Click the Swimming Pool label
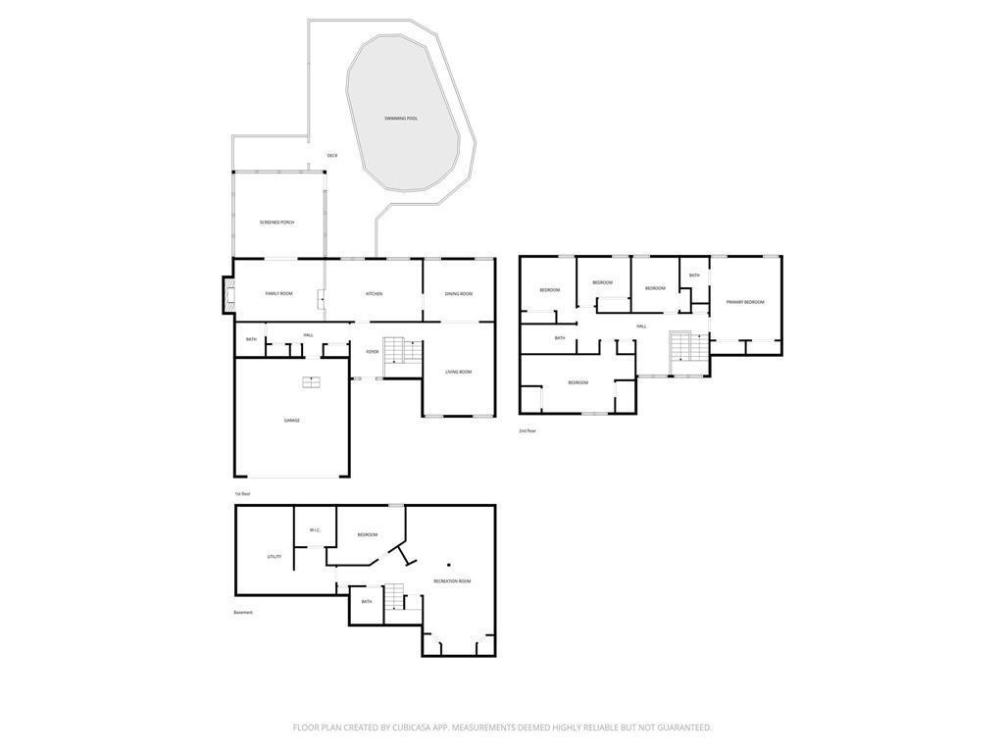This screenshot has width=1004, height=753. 400,119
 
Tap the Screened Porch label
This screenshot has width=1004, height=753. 276,223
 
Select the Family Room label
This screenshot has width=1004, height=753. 278,294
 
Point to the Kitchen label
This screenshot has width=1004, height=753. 374,294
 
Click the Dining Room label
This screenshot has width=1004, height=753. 458,294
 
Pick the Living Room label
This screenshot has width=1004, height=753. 458,372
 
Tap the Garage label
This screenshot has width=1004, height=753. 291,421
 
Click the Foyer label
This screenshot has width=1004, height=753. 373,352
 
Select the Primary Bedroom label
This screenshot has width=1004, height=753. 745,302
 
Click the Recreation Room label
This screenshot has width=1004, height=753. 452,581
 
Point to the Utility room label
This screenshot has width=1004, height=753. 275,557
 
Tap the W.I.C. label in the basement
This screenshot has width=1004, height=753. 315,530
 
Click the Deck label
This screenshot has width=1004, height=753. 332,156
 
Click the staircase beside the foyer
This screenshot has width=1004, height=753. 394,350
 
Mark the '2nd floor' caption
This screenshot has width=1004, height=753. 527,430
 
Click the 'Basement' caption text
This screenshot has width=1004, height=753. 243,613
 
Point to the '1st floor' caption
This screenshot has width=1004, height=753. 242,494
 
